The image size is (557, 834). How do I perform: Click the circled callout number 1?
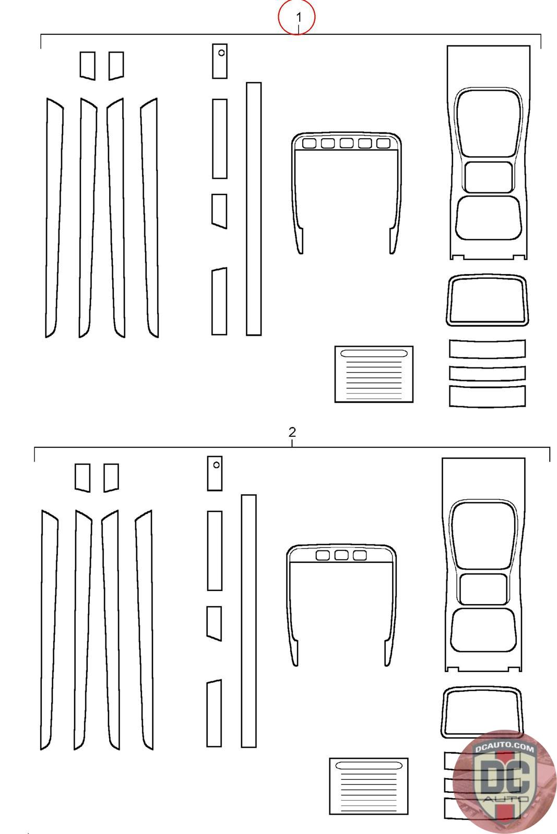click(x=297, y=17)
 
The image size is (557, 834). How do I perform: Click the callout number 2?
click(x=292, y=432)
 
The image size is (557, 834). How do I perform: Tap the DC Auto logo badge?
click(x=504, y=781)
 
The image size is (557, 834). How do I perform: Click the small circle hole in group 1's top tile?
click(x=221, y=53)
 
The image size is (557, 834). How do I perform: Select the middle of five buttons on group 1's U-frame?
click(x=346, y=143)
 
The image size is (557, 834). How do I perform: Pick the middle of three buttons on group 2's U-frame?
click(x=341, y=556)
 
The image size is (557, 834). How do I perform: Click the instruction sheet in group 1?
click(x=374, y=374)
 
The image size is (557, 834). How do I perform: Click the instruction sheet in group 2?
click(x=369, y=786)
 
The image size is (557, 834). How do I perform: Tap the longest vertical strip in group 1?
click(x=254, y=208)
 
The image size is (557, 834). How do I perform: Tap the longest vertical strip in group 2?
click(x=248, y=621)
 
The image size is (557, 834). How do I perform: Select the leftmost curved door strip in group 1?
click(x=54, y=217)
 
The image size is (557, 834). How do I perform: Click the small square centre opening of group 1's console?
click(x=488, y=177)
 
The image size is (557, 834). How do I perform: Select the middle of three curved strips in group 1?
click(x=487, y=373)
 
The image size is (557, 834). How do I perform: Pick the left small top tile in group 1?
click(x=87, y=65)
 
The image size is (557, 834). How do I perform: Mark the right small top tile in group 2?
click(x=111, y=477)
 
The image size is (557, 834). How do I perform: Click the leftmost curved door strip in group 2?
click(x=49, y=630)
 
